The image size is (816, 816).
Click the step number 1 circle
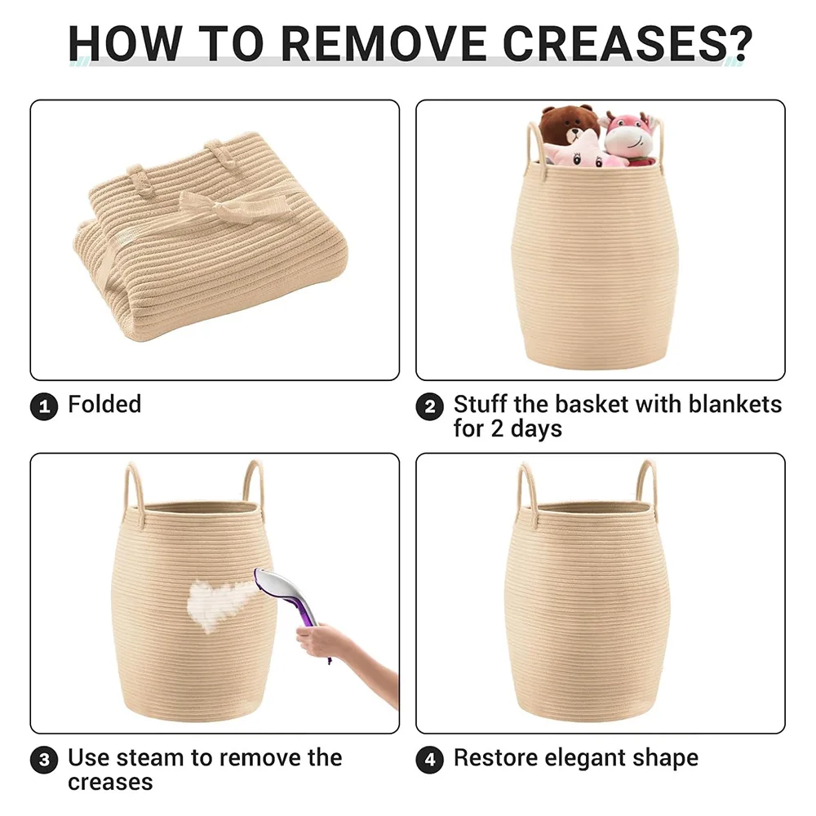click(44, 406)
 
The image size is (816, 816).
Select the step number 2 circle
click(430, 406)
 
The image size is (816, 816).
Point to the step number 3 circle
click(44, 760)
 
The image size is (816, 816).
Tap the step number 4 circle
click(430, 760)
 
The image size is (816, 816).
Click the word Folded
click(104, 405)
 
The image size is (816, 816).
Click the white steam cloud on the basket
click(218, 603)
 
